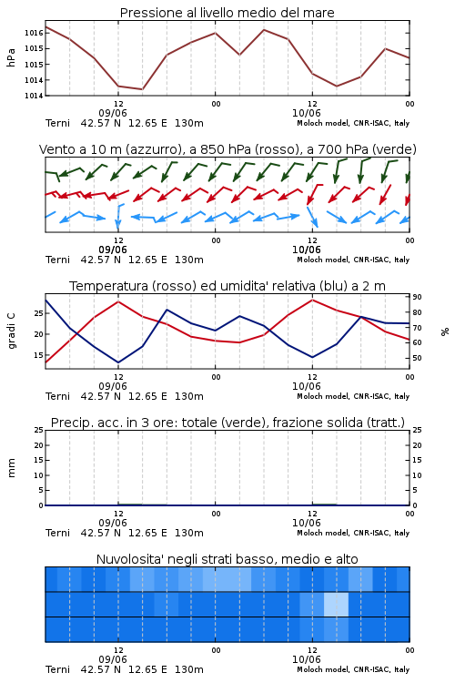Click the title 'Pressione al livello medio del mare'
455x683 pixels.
227,13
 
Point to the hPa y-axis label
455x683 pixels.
11,57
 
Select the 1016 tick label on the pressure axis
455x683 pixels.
34,33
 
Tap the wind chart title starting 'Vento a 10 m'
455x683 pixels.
227,149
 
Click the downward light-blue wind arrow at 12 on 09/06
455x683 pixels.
118,217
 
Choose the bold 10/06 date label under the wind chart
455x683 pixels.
306,250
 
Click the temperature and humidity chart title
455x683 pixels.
227,286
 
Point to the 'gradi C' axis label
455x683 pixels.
11,331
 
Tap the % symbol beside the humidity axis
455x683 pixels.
445,331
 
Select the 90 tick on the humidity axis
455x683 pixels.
417,297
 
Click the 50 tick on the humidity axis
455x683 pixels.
417,358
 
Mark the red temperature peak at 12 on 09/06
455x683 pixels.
118,301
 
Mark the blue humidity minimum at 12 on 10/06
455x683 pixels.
312,357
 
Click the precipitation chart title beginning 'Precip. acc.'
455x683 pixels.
227,423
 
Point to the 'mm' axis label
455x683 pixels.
11,468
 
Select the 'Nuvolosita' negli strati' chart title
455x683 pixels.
227,559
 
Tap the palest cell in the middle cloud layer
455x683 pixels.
336,604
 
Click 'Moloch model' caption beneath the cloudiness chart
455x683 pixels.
323,669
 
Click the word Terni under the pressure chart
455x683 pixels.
57,123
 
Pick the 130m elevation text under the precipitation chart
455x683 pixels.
189,533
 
